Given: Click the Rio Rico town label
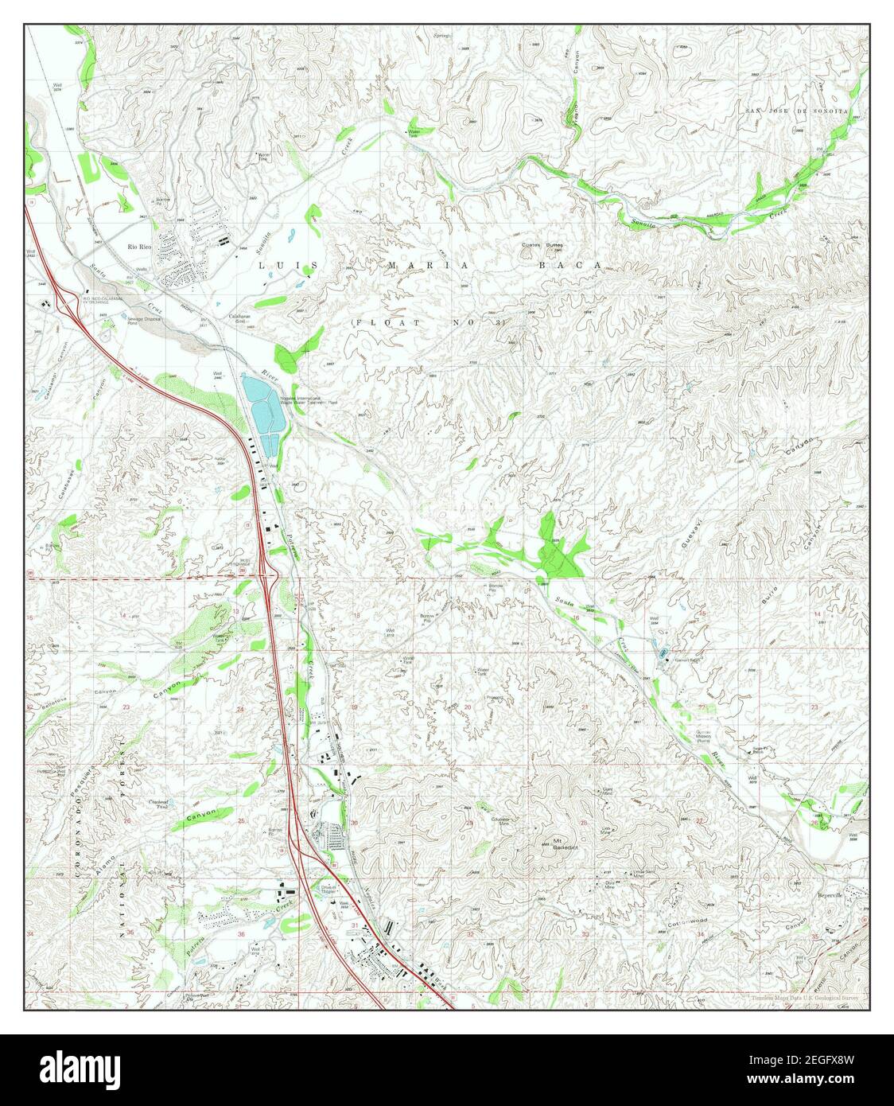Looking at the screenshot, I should [139, 247].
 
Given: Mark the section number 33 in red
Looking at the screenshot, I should [585, 934].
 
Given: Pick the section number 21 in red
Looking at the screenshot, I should [585, 707].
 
